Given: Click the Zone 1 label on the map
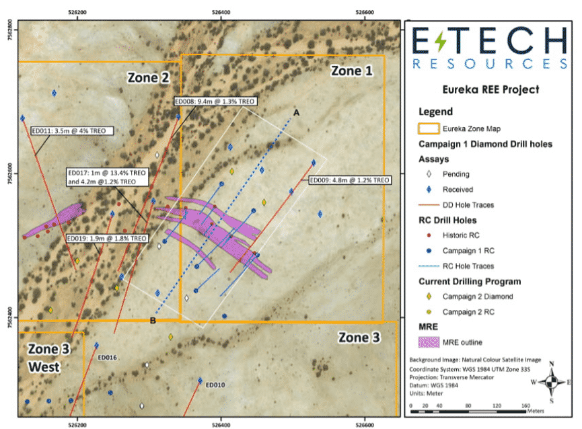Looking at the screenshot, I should click(351, 71).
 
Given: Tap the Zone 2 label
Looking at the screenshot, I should click(148, 78).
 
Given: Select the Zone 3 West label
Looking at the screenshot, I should click(44, 358).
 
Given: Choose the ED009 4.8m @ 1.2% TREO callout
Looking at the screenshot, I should click(349, 180).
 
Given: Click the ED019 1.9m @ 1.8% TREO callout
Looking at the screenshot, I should click(107, 238).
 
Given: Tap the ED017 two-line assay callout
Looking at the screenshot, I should click(104, 176).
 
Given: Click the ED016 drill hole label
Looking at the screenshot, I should click(108, 357).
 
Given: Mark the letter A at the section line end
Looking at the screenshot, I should click(295, 112).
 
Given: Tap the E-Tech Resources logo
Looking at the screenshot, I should click(490, 48).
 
